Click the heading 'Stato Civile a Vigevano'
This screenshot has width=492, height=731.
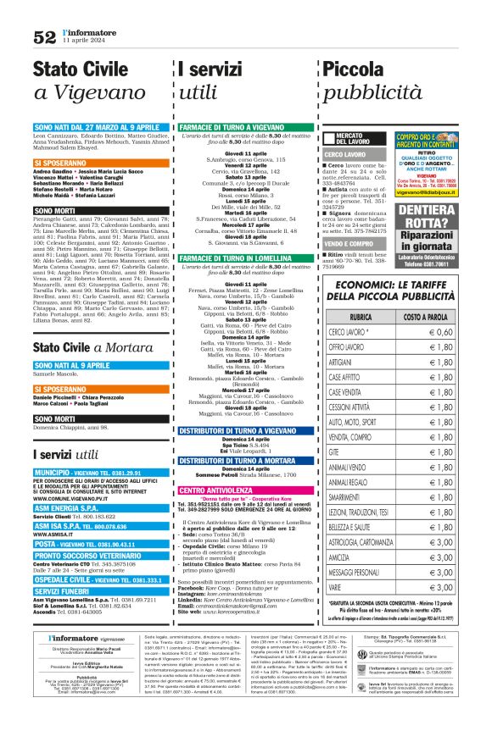(88, 80)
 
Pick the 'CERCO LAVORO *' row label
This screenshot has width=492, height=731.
(349, 332)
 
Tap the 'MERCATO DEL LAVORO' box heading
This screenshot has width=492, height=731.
(349, 138)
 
